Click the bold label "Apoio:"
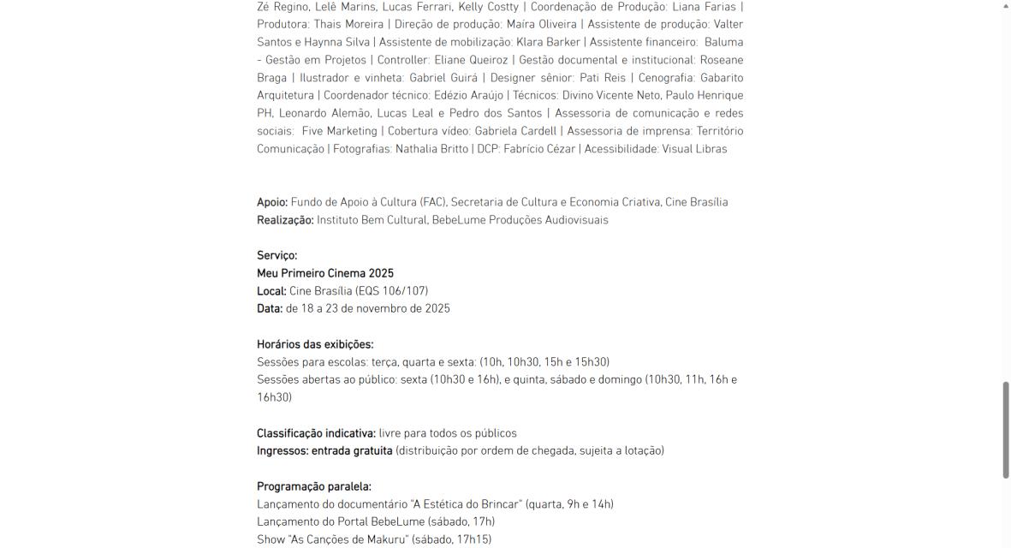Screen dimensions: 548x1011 (x=272, y=202)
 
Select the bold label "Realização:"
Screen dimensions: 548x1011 (x=285, y=220)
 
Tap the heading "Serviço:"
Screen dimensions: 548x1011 (x=277, y=255)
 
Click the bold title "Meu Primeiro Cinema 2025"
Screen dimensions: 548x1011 (x=325, y=273)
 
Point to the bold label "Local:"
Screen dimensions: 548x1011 (x=271, y=291)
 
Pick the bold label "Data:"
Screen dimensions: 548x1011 (x=270, y=308)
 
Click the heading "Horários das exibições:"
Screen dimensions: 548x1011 (x=315, y=344)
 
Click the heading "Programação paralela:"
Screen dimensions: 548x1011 (x=314, y=486)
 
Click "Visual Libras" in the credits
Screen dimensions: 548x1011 (x=694, y=149)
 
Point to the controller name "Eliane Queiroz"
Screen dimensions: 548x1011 (x=474, y=60)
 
